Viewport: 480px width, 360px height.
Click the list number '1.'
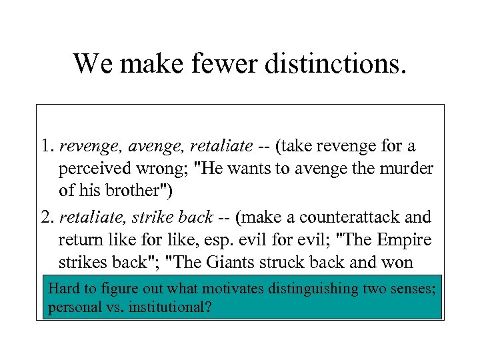pyautogui.click(x=47, y=145)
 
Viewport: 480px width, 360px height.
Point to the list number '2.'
pyautogui.click(x=47, y=217)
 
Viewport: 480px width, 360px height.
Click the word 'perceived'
pyautogui.click(x=90, y=169)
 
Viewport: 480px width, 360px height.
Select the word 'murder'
pyautogui.click(x=407, y=168)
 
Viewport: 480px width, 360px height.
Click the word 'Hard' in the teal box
pyautogui.click(x=63, y=289)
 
